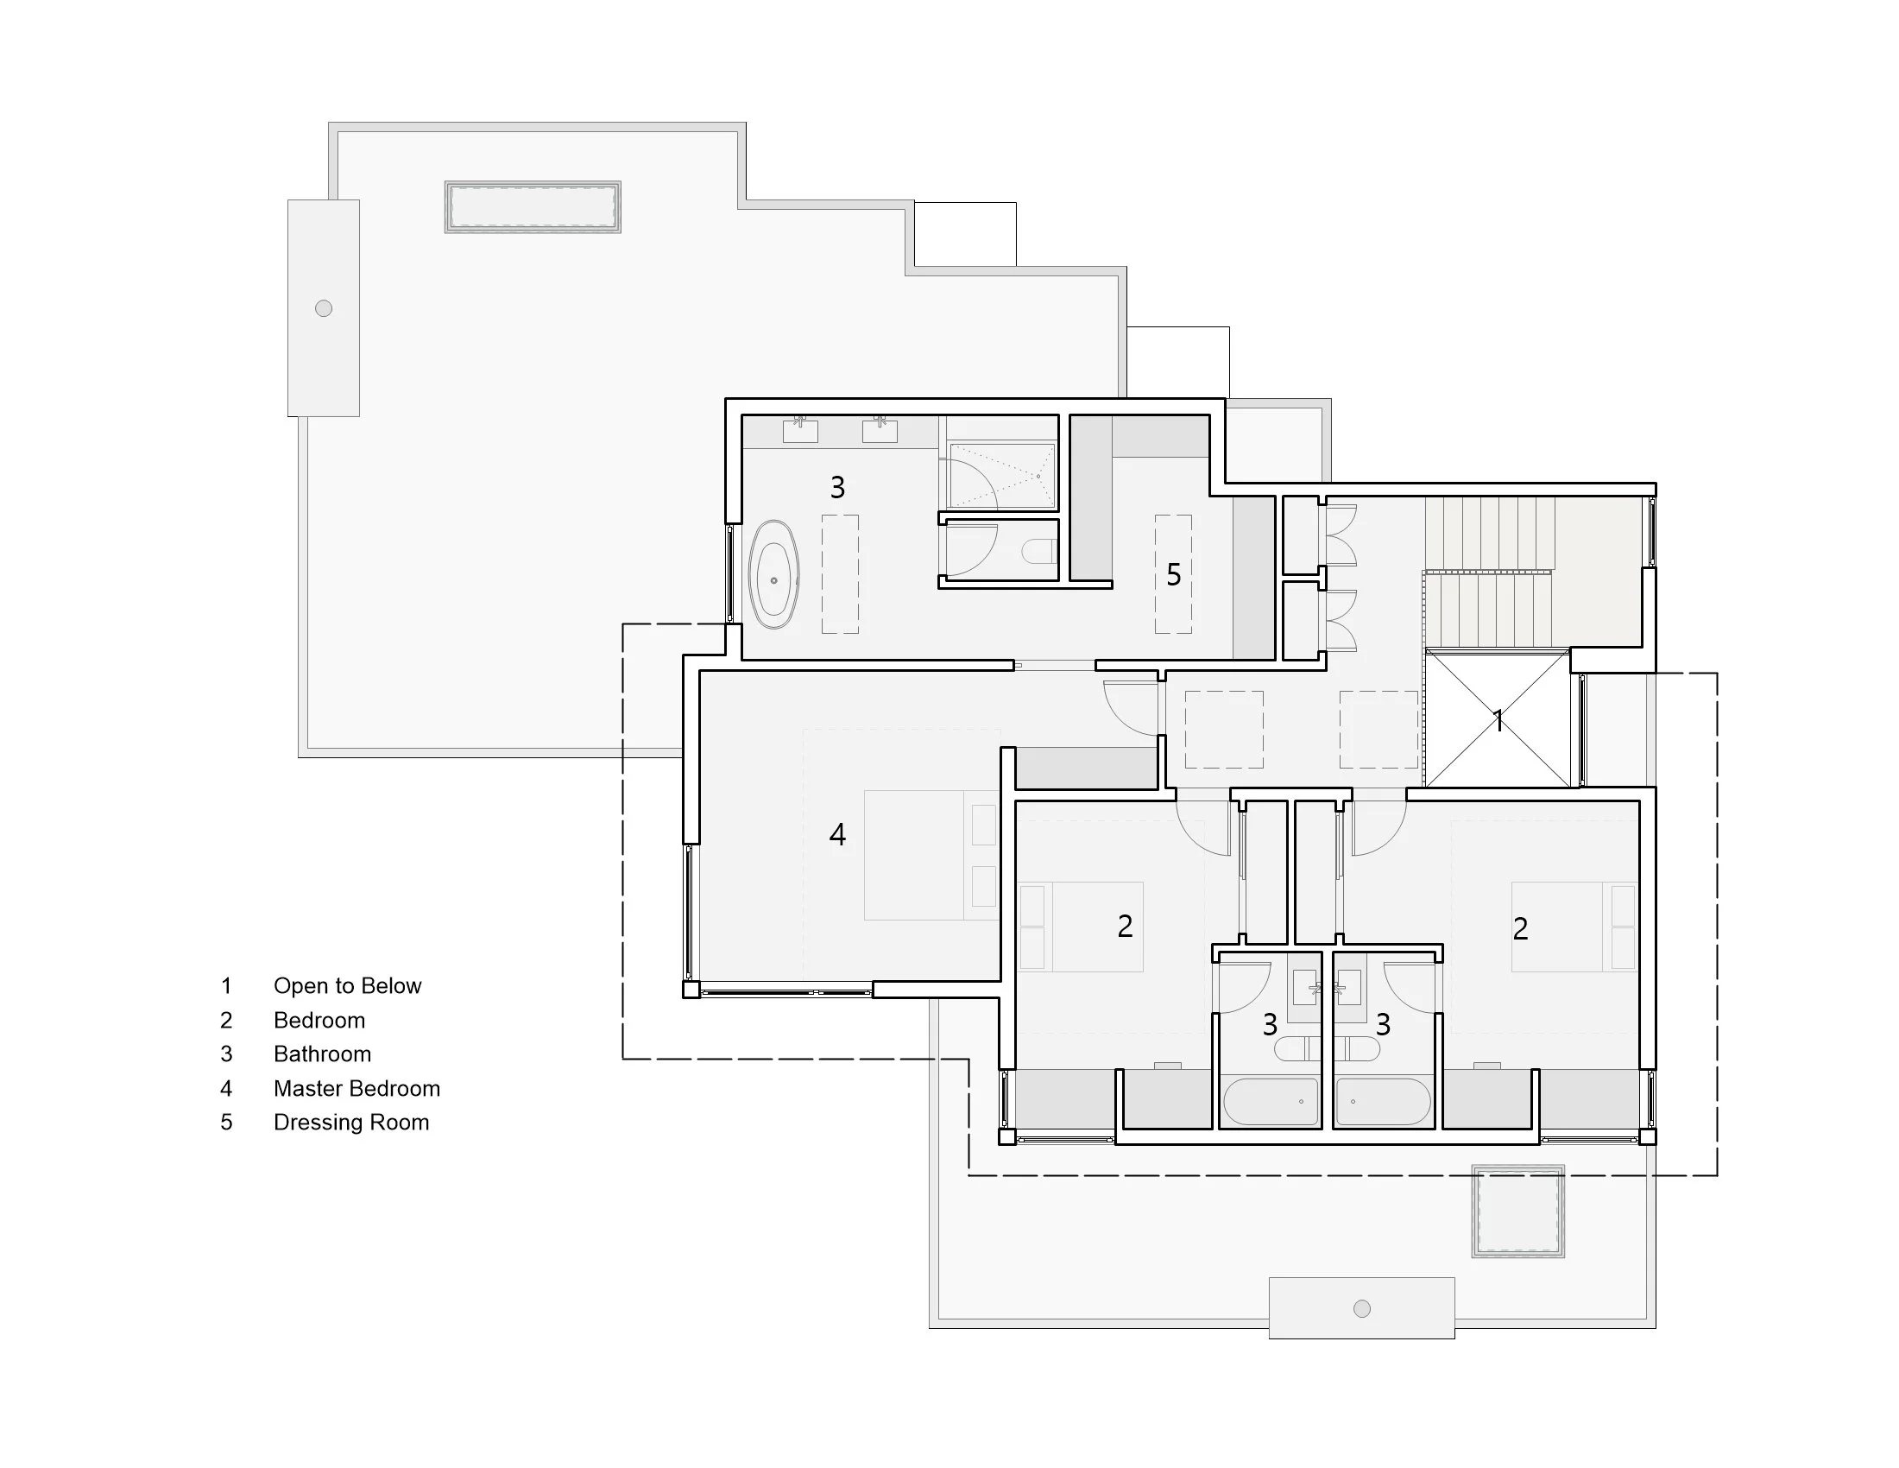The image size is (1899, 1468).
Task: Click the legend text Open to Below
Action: coord(347,985)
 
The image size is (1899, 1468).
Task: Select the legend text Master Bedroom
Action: coord(356,1088)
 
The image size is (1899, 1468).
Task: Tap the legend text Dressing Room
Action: coord(351,1122)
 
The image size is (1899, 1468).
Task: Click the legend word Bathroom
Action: coord(322,1054)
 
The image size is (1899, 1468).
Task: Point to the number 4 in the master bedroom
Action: coord(837,835)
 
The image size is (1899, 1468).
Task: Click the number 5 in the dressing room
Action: coord(1173,575)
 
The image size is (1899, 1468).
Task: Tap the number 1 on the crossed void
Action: coord(1498,720)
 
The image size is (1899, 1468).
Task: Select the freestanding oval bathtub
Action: coord(773,575)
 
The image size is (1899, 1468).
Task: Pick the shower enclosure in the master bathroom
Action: coord(1001,476)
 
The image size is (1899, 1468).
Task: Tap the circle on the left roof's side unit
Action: coord(324,308)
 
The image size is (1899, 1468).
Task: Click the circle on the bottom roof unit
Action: coord(1361,1308)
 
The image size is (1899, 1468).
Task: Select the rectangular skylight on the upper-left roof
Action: coord(532,207)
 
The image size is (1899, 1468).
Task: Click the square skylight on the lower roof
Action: coord(1517,1212)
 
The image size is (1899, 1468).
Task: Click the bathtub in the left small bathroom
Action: coord(1270,1102)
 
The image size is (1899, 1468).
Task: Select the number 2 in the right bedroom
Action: coord(1520,929)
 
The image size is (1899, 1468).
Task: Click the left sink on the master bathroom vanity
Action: coord(800,430)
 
